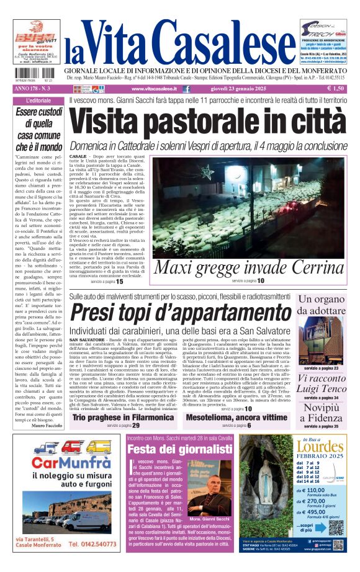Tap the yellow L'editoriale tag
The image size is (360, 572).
coord(39,101)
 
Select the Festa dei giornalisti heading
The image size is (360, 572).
coord(163,450)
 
